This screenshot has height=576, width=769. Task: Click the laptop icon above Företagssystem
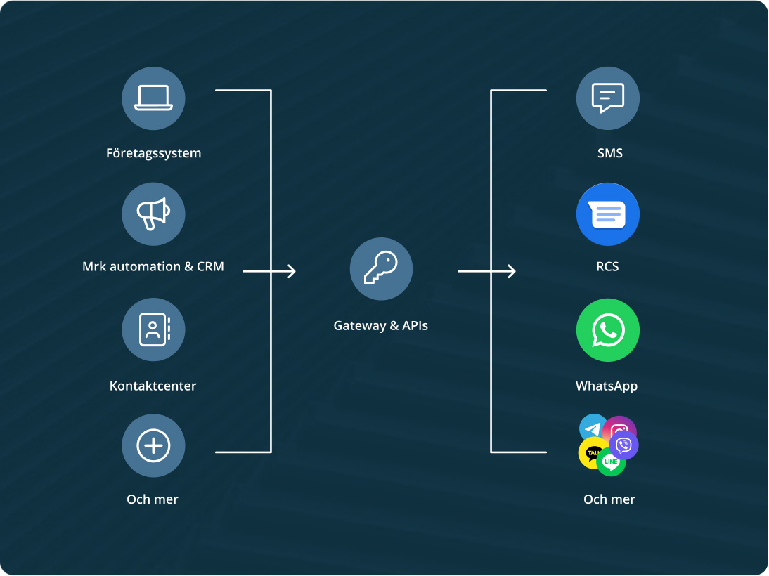coord(153,98)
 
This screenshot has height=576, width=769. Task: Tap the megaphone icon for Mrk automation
coord(153,214)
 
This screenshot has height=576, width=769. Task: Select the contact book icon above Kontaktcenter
coord(153,329)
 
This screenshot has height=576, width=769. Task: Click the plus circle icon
coord(153,445)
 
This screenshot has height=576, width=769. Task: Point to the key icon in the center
coord(381,269)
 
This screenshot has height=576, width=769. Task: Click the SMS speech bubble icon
coord(608,98)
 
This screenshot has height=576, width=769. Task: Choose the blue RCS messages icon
coord(608,214)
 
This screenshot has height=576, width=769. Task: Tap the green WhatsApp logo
coord(608,330)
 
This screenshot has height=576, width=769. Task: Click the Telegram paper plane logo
coord(593,427)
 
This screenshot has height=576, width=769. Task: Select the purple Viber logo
coord(623,445)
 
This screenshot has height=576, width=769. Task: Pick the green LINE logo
coord(611,462)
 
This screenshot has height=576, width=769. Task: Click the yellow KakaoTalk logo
coord(592,453)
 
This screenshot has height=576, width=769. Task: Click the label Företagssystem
coord(153,153)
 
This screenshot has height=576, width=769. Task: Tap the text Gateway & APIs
coord(380,326)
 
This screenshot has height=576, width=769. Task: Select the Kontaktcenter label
coord(153,386)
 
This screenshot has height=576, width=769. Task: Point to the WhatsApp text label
coord(607,386)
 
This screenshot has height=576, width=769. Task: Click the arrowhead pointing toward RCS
coord(512,271)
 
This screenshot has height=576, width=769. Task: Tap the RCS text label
coord(607,267)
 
